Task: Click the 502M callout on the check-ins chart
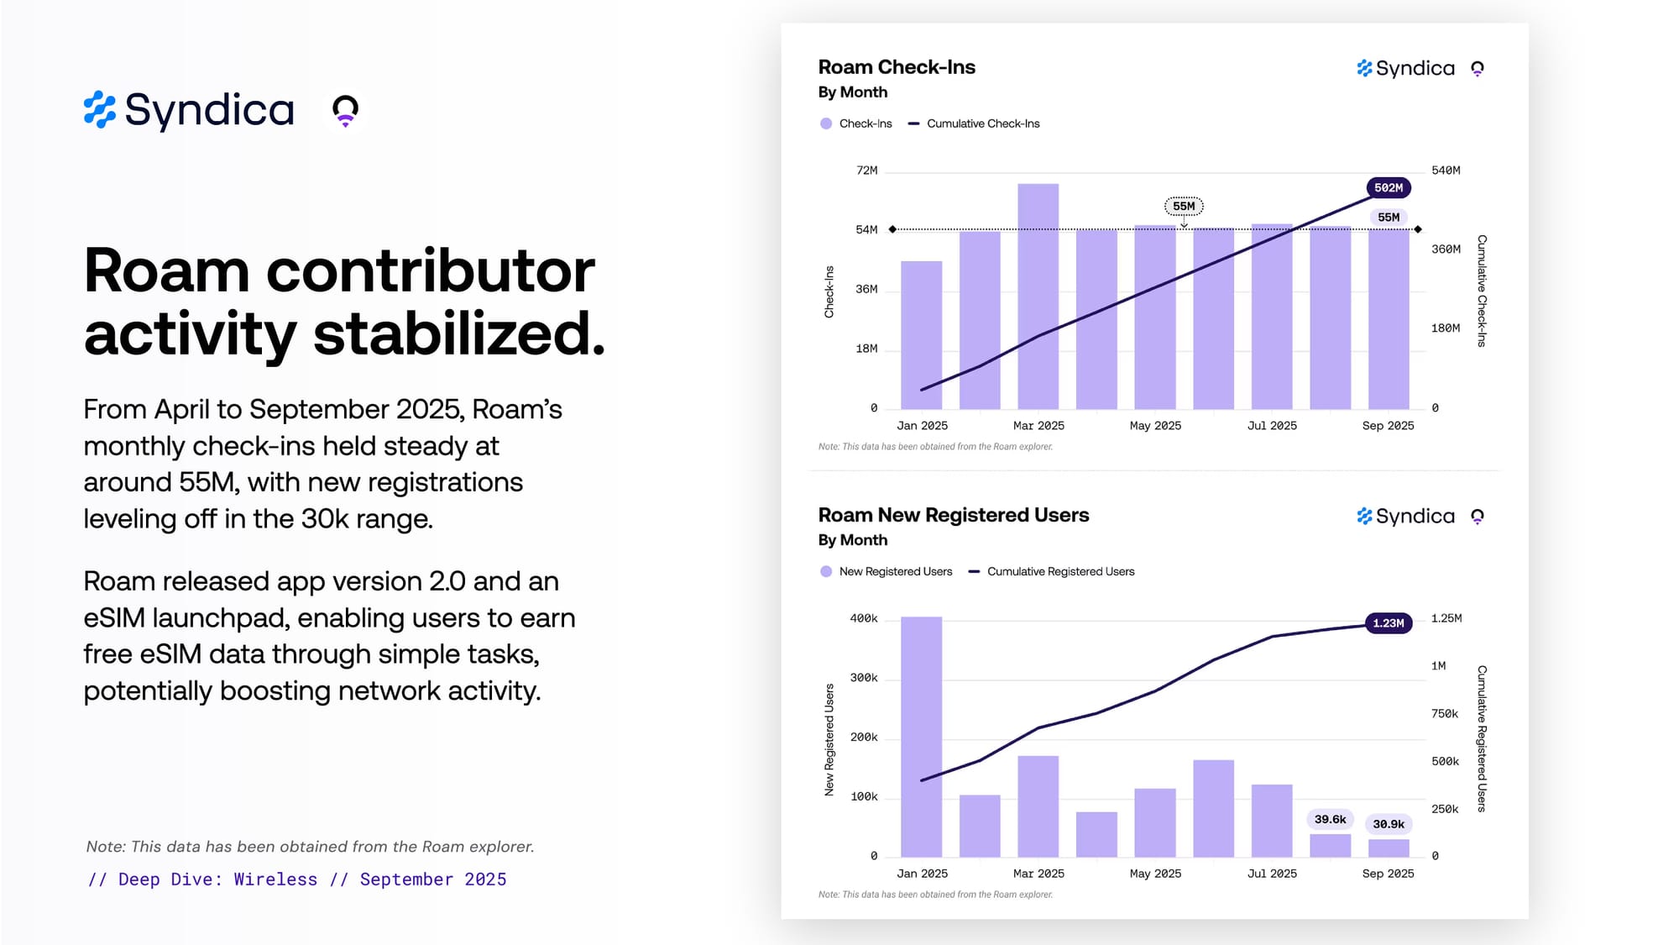[1388, 188]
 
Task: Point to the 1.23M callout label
[1388, 623]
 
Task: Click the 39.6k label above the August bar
[1330, 819]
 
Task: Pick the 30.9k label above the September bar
[1388, 824]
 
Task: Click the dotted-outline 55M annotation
[1184, 206]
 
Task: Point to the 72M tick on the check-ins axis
[866, 171]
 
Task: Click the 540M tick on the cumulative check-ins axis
[1446, 171]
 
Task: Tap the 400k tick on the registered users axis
[864, 618]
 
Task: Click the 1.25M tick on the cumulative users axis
[1446, 618]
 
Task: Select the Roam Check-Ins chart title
[897, 67]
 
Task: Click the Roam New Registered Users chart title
[954, 515]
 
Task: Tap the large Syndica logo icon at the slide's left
[100, 110]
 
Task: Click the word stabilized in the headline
[458, 333]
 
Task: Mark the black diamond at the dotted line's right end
[1418, 229]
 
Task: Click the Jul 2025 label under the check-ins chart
[1272, 426]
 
